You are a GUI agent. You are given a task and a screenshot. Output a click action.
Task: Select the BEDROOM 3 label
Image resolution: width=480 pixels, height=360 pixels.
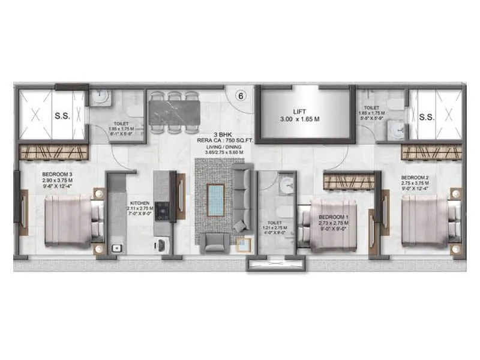point(58,173)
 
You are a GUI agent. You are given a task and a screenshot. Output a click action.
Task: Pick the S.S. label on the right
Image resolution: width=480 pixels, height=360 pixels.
point(427,116)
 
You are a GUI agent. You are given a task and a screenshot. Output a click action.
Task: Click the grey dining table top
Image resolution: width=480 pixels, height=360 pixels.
point(174,112)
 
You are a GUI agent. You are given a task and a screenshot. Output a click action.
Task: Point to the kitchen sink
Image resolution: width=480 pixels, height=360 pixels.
point(116,246)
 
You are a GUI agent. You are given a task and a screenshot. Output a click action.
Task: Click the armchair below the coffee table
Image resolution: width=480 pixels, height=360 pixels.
point(215,242)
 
